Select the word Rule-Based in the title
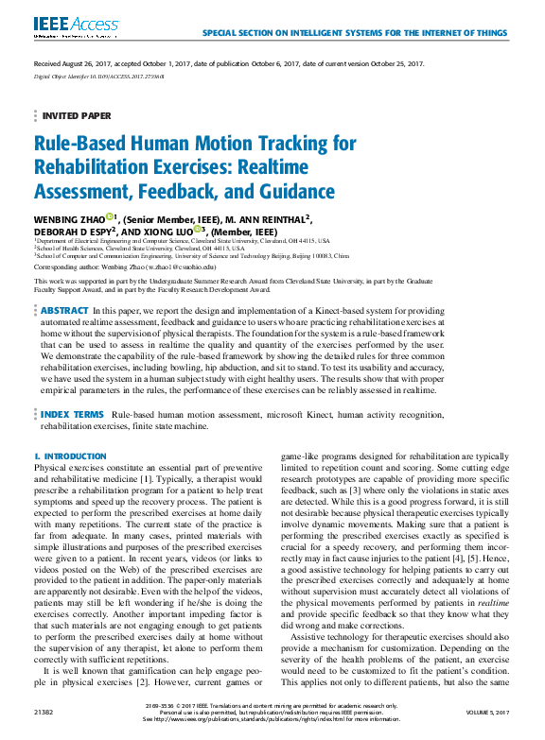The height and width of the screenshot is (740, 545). pos(79,144)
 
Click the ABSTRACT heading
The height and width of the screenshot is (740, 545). pos(65,310)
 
